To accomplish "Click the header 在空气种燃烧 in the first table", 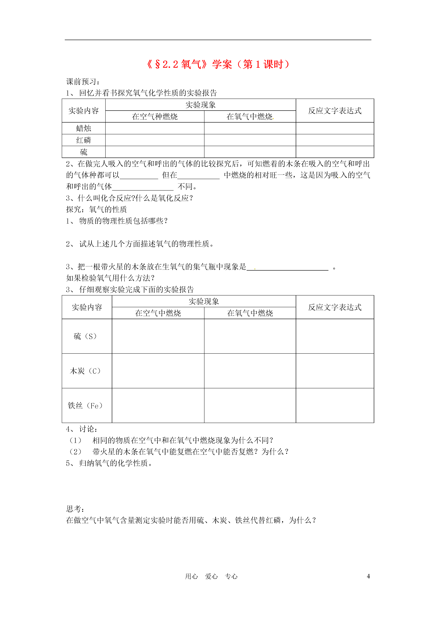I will click(x=155, y=117).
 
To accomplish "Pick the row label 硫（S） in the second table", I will click(x=85, y=336).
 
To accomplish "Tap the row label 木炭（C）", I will click(x=85, y=371).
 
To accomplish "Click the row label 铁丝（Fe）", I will click(x=85, y=406).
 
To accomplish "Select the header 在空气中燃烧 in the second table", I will click(x=158, y=313).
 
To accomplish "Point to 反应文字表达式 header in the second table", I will click(x=335, y=307).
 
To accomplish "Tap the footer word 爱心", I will click(x=211, y=576).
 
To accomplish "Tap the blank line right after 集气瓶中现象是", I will click(x=287, y=268).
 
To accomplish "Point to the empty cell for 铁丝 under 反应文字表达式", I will click(x=335, y=406).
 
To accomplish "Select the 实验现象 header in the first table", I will click(x=200, y=105).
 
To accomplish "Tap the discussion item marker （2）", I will click(x=75, y=452).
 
